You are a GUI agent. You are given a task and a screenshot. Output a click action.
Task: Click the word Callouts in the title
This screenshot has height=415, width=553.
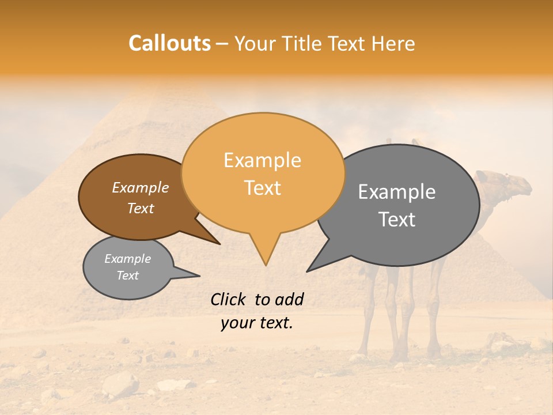click(x=169, y=44)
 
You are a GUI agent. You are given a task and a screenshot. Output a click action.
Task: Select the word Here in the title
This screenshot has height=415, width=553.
click(x=393, y=44)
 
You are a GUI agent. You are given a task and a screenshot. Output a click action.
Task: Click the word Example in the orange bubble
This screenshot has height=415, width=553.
click(x=262, y=160)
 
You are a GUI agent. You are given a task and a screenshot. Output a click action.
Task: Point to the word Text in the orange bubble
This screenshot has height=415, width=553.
click(x=262, y=188)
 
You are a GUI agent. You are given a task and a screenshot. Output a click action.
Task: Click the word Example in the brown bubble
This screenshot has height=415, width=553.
click(x=141, y=188)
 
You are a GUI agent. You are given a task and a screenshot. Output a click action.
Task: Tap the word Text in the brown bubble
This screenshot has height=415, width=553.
click(x=141, y=208)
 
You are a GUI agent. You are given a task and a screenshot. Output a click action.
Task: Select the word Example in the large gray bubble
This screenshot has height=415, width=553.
click(x=397, y=192)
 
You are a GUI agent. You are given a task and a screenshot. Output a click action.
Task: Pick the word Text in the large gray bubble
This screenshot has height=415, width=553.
click(x=397, y=220)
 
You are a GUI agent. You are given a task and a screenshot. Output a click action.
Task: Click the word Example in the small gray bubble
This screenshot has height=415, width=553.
click(x=128, y=259)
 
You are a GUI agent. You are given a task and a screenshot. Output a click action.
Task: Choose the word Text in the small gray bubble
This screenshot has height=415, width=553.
click(x=128, y=276)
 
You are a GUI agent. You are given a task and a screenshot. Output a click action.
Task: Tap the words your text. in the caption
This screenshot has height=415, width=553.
click(x=257, y=323)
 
